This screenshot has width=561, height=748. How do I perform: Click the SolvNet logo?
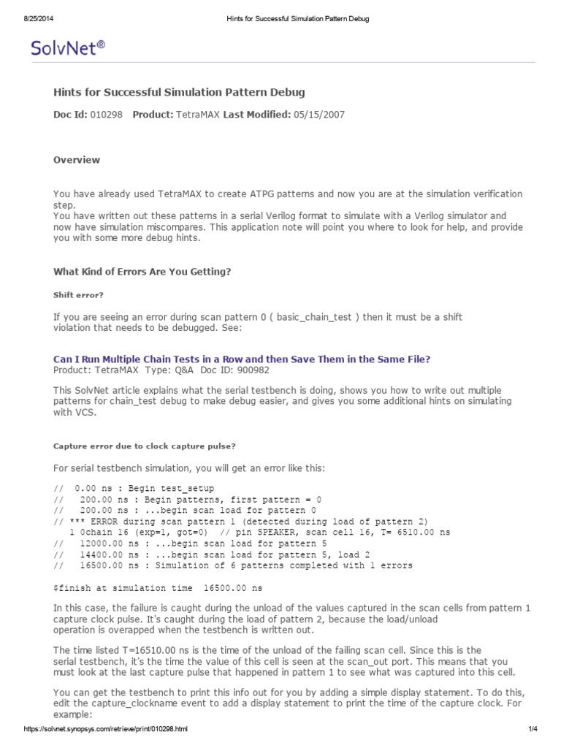tap(68, 48)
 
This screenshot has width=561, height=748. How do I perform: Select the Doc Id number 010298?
tap(107, 115)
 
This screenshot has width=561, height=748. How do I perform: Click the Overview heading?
tap(77, 160)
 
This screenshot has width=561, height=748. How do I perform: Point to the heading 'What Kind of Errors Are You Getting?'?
tap(142, 272)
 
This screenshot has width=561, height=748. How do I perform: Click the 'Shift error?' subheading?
tap(79, 295)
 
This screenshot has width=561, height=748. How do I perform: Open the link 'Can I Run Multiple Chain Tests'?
tap(242, 359)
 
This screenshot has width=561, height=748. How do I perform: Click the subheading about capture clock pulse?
tap(145, 446)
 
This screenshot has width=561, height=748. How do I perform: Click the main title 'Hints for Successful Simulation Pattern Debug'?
tap(180, 92)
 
